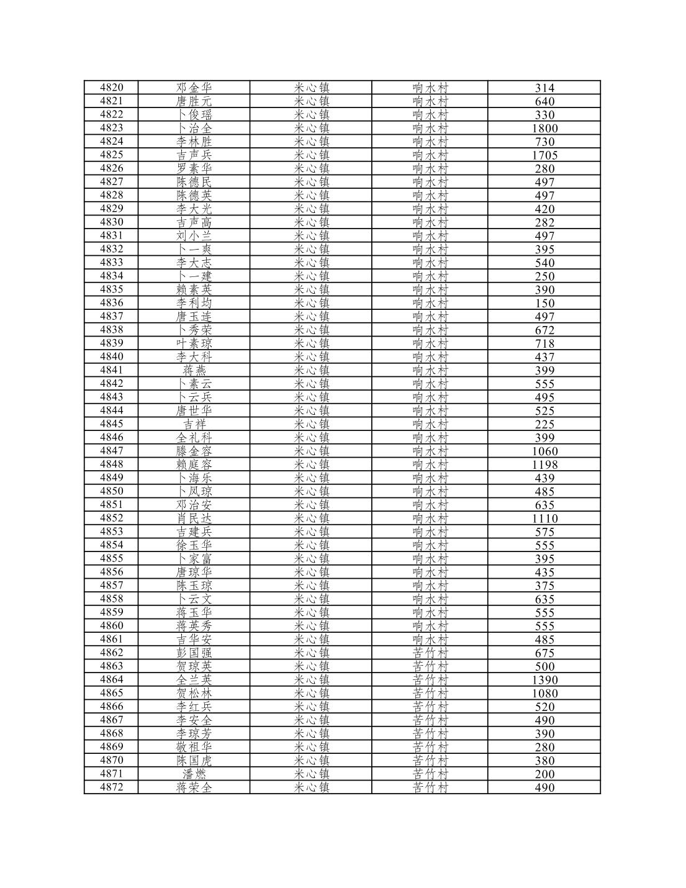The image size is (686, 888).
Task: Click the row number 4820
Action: [x=111, y=88]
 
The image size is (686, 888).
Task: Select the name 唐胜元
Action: [x=194, y=101]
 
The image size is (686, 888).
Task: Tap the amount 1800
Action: [x=544, y=129]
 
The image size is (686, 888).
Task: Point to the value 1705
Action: [x=544, y=155]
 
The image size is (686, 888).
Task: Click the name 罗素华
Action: [x=194, y=169]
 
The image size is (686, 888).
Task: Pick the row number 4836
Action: [x=111, y=303]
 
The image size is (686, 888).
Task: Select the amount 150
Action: [x=544, y=304]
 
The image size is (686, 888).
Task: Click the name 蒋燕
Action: [x=194, y=371]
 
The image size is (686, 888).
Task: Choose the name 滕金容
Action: [x=194, y=451]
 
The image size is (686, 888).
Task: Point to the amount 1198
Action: [x=544, y=465]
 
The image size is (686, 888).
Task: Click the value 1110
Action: [x=544, y=519]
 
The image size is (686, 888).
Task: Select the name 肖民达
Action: [x=194, y=519]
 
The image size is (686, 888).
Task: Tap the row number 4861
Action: [x=111, y=639]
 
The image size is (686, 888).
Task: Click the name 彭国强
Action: [x=194, y=653]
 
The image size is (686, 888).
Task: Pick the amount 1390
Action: [x=544, y=680]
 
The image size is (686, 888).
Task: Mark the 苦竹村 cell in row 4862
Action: [x=430, y=653]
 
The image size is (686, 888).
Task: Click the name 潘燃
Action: [x=194, y=774]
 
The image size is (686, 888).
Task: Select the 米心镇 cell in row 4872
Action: [x=311, y=787]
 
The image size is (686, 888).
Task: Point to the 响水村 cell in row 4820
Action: [x=430, y=88]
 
